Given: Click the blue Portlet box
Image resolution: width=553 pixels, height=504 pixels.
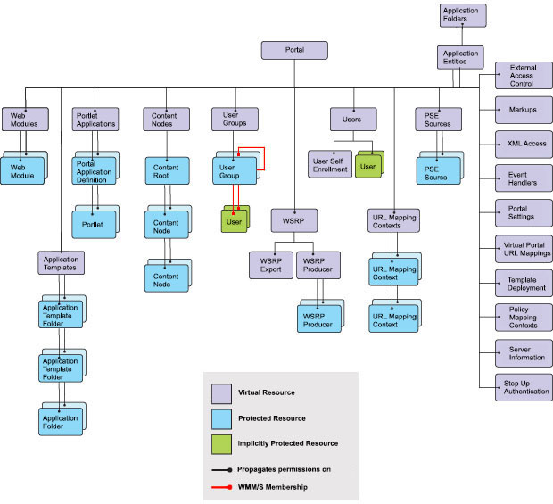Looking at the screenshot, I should (x=93, y=224).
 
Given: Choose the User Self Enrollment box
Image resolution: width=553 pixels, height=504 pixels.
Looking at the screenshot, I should (x=329, y=163).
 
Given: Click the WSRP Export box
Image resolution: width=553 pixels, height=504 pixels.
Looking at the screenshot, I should (x=270, y=264).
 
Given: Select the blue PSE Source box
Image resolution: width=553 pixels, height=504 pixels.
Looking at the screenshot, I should (x=436, y=171).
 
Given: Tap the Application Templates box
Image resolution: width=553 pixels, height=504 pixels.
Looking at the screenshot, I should (x=61, y=262).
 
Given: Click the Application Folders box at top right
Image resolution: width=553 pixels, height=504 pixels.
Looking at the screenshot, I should (x=462, y=16).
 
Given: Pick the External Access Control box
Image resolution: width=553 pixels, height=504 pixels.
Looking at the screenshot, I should (x=522, y=76).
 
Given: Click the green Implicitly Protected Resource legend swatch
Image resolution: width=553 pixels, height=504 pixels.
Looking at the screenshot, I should (x=223, y=442).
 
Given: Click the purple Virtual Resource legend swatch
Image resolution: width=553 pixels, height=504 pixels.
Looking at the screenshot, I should (x=223, y=392).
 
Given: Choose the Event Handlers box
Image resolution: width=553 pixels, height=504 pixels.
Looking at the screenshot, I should (x=522, y=178).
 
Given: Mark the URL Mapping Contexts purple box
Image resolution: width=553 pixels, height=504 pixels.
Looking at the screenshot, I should (x=392, y=220).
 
